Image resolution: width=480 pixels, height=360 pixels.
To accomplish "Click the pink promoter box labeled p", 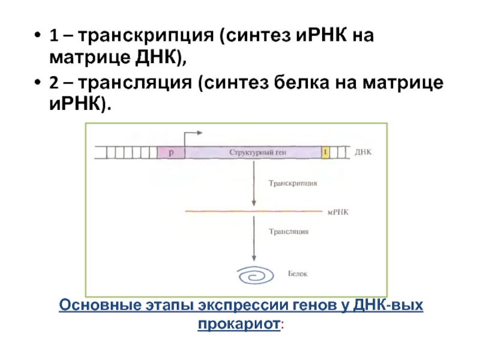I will [170, 152].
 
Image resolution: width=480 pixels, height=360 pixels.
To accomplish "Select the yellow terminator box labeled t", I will [326, 152].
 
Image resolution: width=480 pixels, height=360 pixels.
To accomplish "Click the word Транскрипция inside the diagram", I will [293, 184].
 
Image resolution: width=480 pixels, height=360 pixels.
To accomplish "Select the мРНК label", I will [340, 212].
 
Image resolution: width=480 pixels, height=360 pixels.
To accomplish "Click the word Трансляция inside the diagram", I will [289, 230].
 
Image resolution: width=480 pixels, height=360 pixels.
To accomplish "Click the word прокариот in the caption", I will [239, 325].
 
